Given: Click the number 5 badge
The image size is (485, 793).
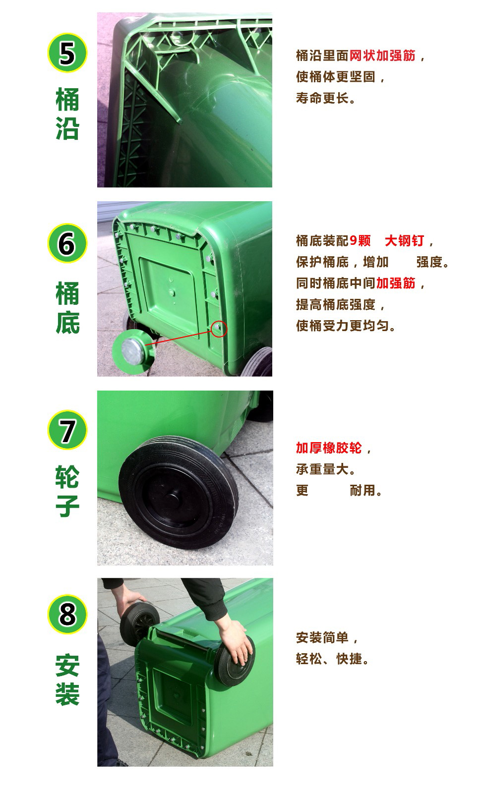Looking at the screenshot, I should tap(67, 53).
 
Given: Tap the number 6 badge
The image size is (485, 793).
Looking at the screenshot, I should tap(67, 243).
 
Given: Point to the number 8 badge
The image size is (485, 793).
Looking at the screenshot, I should tap(67, 614).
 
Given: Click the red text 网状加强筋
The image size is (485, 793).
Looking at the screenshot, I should tap(382, 56).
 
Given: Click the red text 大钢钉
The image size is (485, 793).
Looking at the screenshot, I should tap(404, 241).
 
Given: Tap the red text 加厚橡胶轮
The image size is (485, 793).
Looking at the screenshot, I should tap(329, 448).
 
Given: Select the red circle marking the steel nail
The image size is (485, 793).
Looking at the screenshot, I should tap(219, 329).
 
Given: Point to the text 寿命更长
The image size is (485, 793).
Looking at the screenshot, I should tap(326, 98).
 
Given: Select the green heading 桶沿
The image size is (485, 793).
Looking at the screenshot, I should tap(67, 114).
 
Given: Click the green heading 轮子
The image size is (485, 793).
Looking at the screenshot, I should tap(67, 492).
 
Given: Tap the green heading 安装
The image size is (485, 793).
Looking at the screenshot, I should tap(67, 680).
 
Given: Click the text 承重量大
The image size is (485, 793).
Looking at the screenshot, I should tap(326, 469).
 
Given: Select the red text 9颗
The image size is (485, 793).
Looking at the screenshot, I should tap(360, 241).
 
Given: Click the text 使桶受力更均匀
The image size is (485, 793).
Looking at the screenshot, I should tap(346, 326).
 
